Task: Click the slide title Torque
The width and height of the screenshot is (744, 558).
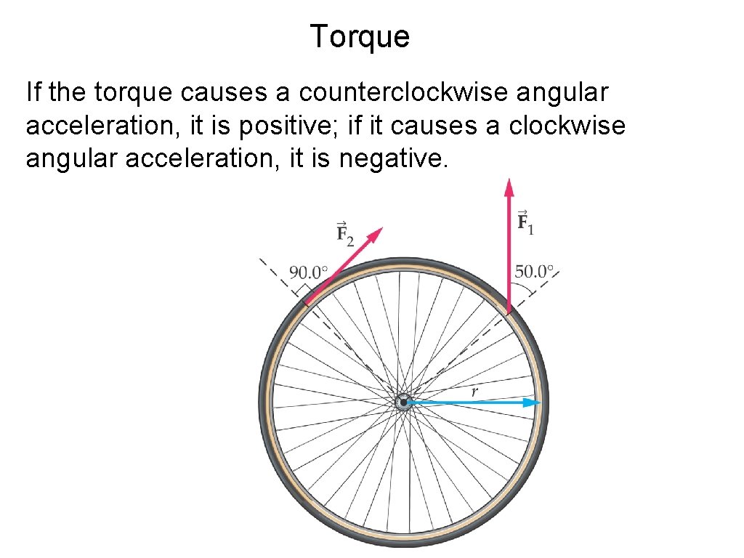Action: click(x=360, y=36)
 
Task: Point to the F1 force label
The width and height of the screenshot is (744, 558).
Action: click(x=525, y=222)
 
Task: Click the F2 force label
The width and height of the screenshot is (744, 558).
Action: click(x=344, y=235)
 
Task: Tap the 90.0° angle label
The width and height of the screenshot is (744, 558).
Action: click(x=309, y=273)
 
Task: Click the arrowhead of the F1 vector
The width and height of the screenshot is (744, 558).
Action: click(x=509, y=186)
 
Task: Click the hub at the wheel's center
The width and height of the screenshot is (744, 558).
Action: click(x=403, y=402)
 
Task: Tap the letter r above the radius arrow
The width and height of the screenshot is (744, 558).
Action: click(x=474, y=392)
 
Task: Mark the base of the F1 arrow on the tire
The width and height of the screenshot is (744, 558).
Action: click(x=509, y=311)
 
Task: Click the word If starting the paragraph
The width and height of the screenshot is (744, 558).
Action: click(x=33, y=92)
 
